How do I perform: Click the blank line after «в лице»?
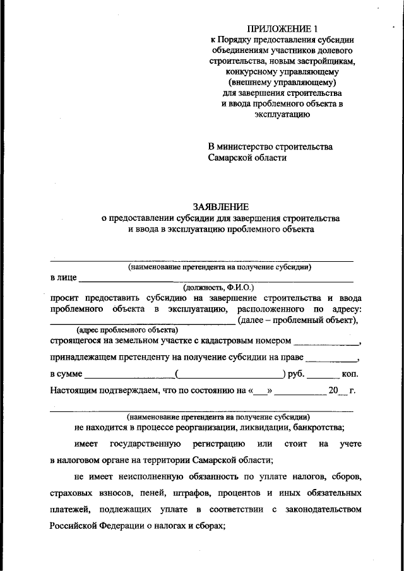[215, 278]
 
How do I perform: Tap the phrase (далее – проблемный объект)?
[297, 321]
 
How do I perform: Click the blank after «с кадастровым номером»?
[326, 343]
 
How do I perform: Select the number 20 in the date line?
[334, 390]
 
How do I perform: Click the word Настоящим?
[73, 390]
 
